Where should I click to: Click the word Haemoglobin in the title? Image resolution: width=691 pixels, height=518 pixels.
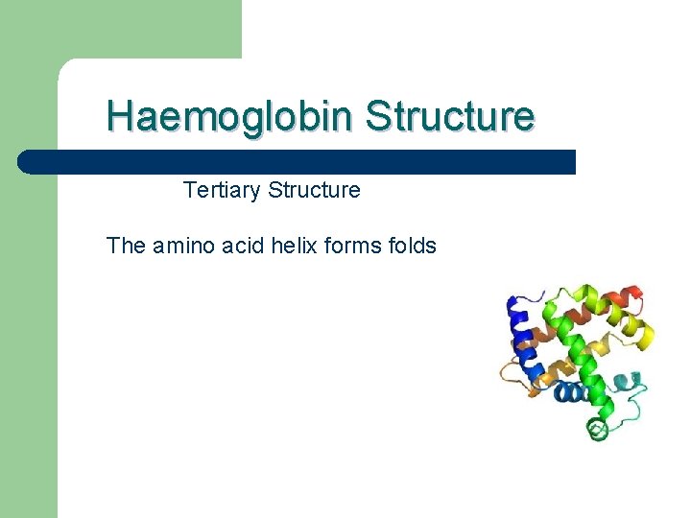(230, 117)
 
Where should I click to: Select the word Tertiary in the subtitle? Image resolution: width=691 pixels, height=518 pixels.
(222, 190)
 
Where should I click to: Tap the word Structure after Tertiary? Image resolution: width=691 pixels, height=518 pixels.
(314, 190)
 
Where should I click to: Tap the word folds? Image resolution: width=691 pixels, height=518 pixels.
(413, 246)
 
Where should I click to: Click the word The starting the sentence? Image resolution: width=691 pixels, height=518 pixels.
(126, 246)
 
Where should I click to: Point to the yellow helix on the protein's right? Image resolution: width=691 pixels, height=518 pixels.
(641, 335)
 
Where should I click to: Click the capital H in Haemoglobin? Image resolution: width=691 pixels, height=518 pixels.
(119, 117)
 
